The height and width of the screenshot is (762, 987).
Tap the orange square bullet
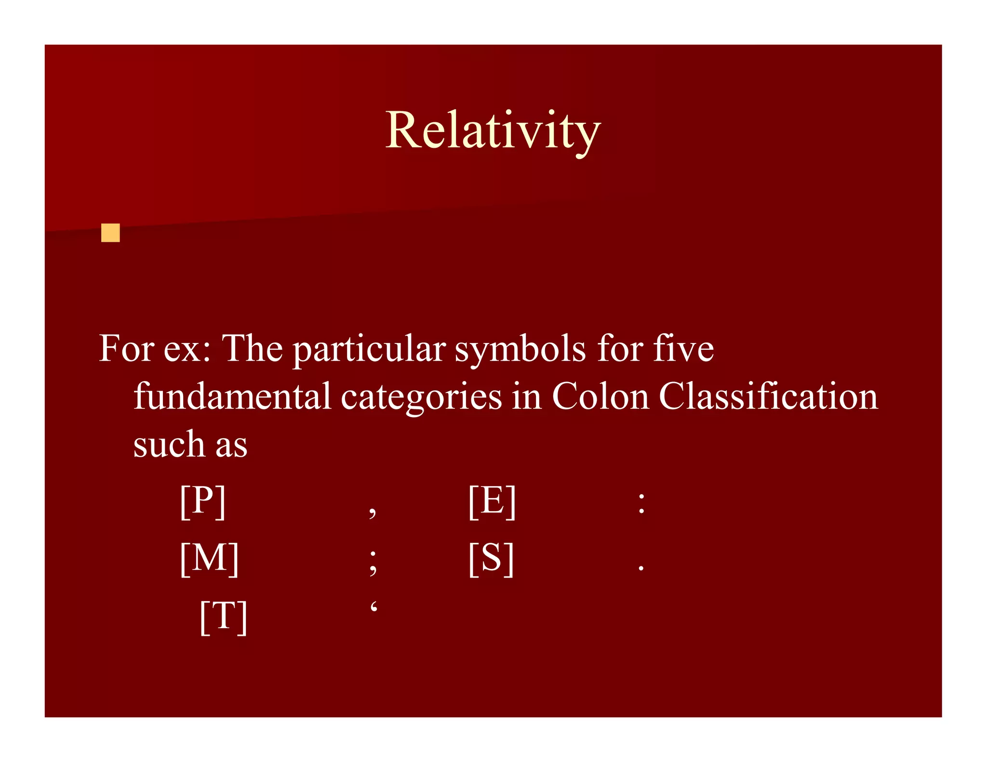click(110, 233)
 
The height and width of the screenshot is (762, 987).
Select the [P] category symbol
click(203, 501)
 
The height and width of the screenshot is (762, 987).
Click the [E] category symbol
click(492, 501)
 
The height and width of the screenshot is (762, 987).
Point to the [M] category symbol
click(210, 559)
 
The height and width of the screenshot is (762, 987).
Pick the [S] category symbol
click(491, 559)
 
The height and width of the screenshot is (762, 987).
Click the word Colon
click(600, 396)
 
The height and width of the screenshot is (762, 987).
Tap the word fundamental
click(232, 396)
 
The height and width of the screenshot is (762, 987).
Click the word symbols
click(520, 349)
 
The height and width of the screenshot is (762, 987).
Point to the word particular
click(369, 350)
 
